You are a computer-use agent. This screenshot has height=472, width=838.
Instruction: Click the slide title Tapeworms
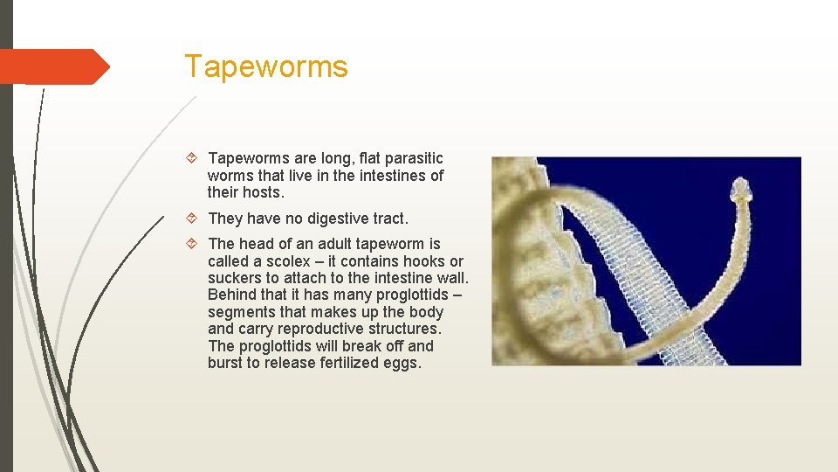tap(265, 66)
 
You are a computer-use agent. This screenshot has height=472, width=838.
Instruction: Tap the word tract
tap(390, 219)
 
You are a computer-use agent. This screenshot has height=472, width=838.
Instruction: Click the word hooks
tap(421, 261)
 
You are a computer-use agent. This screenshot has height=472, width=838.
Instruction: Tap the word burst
tap(225, 363)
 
